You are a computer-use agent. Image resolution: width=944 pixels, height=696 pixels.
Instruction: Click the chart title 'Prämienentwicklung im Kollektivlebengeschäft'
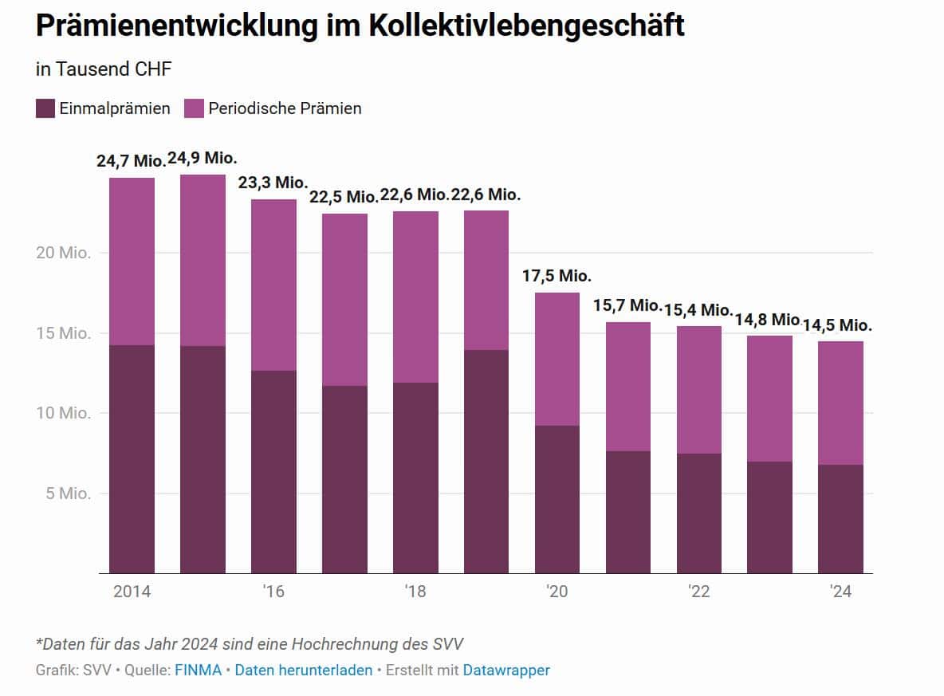point(360,26)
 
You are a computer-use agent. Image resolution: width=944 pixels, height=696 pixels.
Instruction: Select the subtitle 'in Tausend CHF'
point(104,69)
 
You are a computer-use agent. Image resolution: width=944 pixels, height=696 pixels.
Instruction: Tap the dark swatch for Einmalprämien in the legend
point(45,108)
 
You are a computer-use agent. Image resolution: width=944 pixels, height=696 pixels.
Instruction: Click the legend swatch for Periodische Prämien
point(195,108)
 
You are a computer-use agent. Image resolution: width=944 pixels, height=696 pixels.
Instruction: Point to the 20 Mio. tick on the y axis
point(64,254)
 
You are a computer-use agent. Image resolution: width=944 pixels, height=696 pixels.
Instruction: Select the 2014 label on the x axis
point(132,592)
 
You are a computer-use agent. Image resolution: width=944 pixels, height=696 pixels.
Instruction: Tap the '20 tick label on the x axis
point(557,592)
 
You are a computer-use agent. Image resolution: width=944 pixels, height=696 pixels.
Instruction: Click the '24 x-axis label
point(840,592)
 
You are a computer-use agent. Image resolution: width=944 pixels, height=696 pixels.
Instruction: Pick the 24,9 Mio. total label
point(203,157)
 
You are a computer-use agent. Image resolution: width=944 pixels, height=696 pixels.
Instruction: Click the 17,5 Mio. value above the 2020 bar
point(557,276)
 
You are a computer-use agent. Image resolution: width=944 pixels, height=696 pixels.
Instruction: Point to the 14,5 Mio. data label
point(840,325)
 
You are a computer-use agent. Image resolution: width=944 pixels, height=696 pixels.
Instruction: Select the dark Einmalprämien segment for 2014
point(132,458)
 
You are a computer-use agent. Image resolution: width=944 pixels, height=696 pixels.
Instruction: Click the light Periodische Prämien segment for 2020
point(557,359)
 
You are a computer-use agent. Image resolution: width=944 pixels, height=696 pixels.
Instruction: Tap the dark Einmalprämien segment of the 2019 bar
point(486,461)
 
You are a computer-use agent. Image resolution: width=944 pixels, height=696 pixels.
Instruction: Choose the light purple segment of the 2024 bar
point(840,403)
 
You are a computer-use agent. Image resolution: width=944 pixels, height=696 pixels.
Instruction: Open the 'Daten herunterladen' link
point(304,670)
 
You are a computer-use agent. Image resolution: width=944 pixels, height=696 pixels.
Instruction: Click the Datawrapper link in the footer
point(506,670)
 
